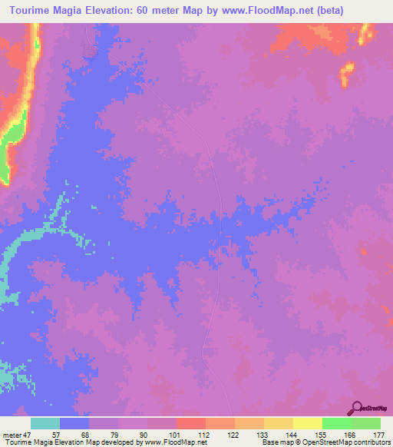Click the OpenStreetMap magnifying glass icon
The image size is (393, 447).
click(x=357, y=407)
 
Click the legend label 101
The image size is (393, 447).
click(x=177, y=434)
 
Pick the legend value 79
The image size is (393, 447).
click(x=118, y=434)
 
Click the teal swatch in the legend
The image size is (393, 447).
click(x=45, y=423)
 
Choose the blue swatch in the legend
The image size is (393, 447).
click(x=74, y=423)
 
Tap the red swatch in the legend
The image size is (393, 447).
click(x=191, y=423)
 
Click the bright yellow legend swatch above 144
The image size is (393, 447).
click(x=308, y=423)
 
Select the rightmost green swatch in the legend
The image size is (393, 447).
click(x=366, y=423)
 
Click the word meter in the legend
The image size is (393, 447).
click(x=12, y=434)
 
